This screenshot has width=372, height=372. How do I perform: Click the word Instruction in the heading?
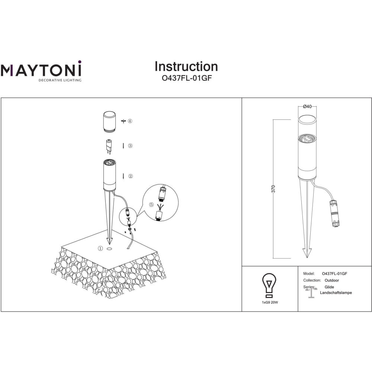[186, 67]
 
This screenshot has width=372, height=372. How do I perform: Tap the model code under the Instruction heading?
[186, 78]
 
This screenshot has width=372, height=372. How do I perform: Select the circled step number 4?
[130, 121]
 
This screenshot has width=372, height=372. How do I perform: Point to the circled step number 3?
[130, 146]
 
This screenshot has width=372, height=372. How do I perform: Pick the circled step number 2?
[131, 176]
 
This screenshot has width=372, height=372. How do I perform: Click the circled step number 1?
[100, 248]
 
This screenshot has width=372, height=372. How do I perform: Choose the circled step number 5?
[152, 205]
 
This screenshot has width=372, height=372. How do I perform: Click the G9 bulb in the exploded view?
[109, 147]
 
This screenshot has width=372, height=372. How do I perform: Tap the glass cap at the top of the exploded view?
[109, 122]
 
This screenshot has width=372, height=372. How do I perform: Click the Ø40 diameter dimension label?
[308, 106]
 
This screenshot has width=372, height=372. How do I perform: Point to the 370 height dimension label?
[273, 189]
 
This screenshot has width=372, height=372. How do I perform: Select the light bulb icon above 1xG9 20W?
[269, 285]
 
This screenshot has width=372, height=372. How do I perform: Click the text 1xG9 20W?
[270, 302]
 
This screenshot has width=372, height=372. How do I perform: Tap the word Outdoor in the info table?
[332, 280]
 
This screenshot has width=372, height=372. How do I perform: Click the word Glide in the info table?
[329, 287]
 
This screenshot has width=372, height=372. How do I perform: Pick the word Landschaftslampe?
[336, 293]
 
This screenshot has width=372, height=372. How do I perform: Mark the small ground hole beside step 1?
[109, 249]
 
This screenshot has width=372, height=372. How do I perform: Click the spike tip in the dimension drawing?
[307, 257]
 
